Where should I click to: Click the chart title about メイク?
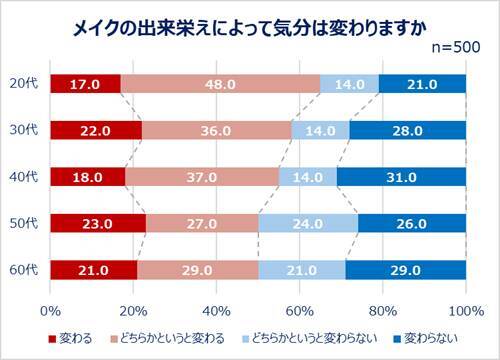click(250, 28)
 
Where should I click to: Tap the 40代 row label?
click(27, 176)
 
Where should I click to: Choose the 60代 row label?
click(27, 269)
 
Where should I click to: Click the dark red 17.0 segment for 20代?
click(84, 83)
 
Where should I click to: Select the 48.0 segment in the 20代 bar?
click(220, 83)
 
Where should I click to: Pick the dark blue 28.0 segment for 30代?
click(408, 130)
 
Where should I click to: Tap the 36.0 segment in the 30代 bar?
click(216, 130)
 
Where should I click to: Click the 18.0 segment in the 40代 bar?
click(86, 177)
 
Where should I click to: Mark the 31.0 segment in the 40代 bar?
click(402, 177)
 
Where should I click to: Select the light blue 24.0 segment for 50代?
click(308, 223)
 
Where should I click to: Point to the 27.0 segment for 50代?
click(202, 223)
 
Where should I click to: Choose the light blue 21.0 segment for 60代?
click(302, 270)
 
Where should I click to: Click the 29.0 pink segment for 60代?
click(197, 270)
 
